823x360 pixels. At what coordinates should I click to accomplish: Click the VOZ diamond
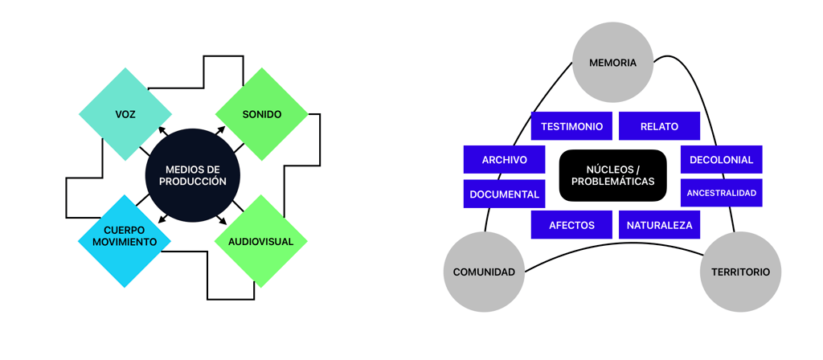click(x=125, y=114)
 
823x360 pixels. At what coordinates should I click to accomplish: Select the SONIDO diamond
click(x=262, y=114)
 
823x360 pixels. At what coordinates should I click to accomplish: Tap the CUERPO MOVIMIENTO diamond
click(x=125, y=240)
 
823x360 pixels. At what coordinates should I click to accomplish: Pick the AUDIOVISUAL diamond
click(x=261, y=241)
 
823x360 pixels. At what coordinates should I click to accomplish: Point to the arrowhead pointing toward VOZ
click(x=162, y=130)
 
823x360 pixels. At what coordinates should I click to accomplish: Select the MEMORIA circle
click(x=612, y=63)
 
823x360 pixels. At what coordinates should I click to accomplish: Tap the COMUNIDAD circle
click(x=484, y=272)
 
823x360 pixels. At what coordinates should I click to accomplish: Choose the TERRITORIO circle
click(x=740, y=272)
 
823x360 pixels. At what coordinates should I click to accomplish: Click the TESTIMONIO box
click(x=571, y=126)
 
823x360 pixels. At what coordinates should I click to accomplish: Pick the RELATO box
click(x=659, y=126)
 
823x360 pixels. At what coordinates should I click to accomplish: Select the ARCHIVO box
click(x=504, y=159)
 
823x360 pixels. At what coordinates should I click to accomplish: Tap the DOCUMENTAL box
click(x=504, y=194)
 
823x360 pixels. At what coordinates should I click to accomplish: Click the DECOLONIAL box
click(x=721, y=159)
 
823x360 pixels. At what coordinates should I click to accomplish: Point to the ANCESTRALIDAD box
click(x=721, y=193)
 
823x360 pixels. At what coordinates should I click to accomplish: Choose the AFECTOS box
click(x=571, y=225)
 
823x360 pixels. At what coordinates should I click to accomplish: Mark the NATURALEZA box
click(x=659, y=225)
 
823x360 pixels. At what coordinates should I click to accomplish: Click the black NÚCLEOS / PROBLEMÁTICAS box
click(x=612, y=175)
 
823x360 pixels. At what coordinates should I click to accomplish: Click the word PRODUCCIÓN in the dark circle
click(x=193, y=182)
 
